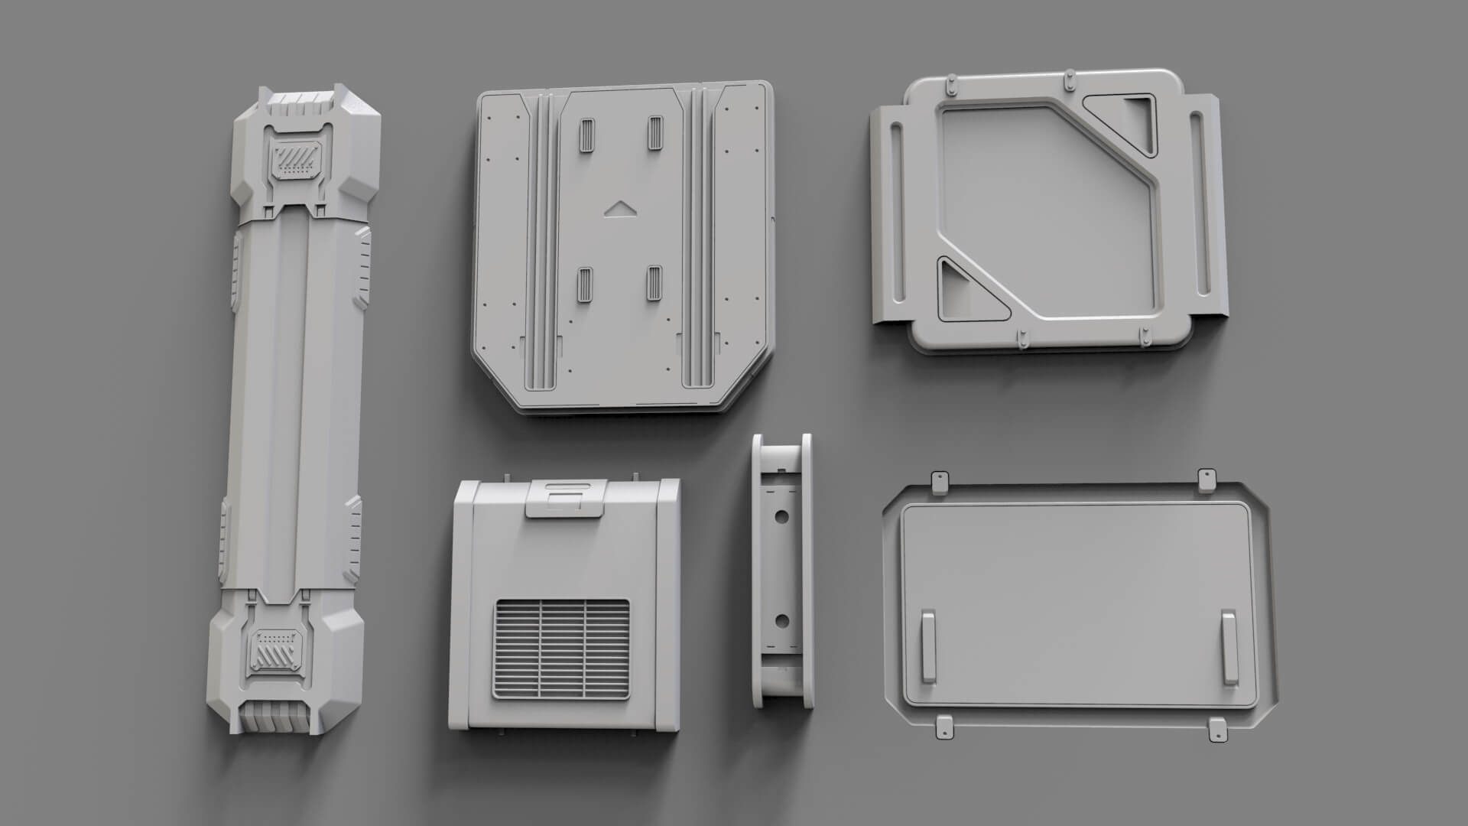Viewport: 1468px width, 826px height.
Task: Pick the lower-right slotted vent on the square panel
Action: pos(654,284)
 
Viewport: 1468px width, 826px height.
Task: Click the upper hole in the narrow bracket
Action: pos(781,516)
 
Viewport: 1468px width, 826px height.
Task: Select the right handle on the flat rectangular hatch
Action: pos(1229,646)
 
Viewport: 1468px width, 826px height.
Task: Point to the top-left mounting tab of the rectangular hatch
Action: pos(937,481)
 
